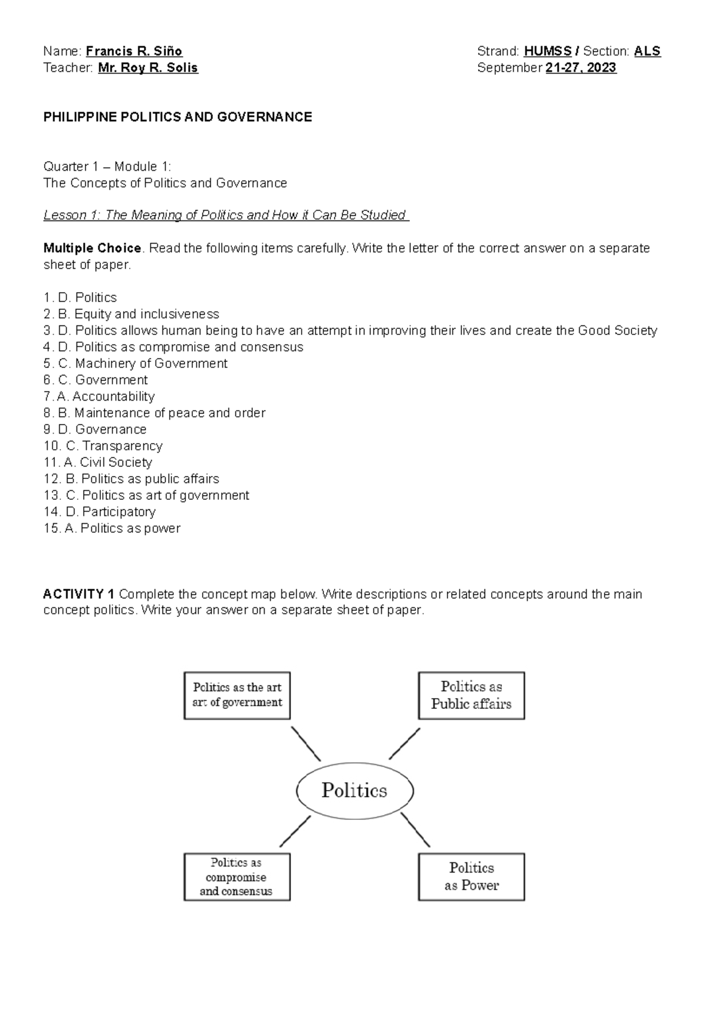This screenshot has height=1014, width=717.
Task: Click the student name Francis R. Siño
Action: tap(134, 51)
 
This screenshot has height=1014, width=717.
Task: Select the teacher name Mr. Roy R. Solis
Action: tap(148, 68)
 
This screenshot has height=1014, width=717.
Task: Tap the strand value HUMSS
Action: tap(547, 51)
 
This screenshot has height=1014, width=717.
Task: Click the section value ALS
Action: tap(647, 51)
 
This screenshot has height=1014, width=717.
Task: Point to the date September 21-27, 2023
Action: tap(547, 68)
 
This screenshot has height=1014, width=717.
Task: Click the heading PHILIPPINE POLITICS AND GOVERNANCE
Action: tap(177, 117)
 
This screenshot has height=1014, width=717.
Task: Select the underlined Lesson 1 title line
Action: tap(226, 215)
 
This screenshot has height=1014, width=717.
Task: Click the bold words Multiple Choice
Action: tap(92, 248)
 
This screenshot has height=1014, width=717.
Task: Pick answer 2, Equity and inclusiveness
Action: tap(131, 314)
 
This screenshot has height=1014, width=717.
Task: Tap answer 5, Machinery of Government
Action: tap(136, 364)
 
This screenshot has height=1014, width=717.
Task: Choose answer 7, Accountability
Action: tap(99, 397)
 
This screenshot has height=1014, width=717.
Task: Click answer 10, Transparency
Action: tap(103, 446)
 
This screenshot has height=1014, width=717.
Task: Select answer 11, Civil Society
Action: tap(98, 462)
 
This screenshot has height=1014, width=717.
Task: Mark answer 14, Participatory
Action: tap(100, 512)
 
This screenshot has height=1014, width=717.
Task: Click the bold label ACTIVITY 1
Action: tap(79, 594)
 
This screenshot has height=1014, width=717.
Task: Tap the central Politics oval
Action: tap(355, 791)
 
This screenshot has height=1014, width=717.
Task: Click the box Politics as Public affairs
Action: tap(471, 696)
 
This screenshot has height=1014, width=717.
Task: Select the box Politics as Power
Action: tap(471, 877)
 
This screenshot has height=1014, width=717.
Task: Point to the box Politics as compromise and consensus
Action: tap(237, 877)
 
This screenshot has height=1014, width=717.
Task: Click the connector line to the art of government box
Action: tap(305, 743)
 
